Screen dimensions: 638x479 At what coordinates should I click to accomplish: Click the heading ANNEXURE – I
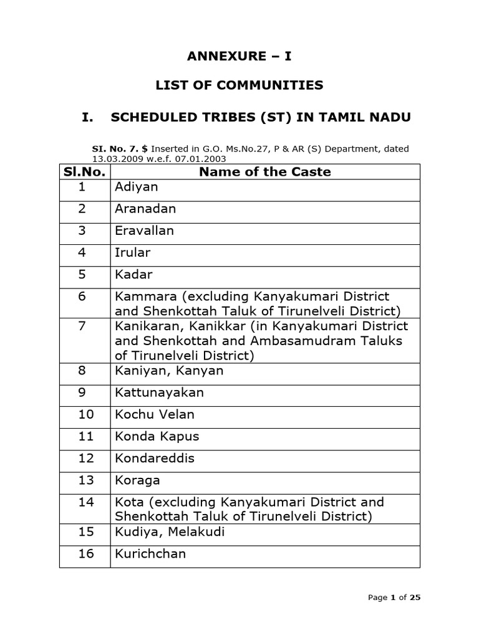tap(239, 56)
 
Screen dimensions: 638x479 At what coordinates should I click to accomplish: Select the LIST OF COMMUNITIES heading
tap(239, 85)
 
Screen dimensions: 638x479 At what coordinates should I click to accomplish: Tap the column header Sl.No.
tap(85, 172)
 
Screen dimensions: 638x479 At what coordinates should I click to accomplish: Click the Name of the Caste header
tap(265, 172)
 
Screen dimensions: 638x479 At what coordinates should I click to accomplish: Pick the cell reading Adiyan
tap(137, 187)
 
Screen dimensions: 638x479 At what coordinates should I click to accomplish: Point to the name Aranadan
tap(145, 209)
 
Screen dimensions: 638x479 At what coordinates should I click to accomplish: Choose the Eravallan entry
tap(145, 231)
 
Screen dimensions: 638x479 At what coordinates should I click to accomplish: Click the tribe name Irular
tap(133, 252)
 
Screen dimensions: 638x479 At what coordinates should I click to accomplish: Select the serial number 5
tap(82, 274)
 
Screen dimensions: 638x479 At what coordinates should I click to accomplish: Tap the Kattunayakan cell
tap(160, 393)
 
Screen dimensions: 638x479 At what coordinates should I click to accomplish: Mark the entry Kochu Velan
tap(155, 414)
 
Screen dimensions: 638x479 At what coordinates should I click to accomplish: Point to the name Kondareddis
tap(155, 458)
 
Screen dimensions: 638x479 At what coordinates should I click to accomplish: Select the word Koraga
tap(137, 480)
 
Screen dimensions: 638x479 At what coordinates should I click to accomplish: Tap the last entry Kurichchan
tap(150, 553)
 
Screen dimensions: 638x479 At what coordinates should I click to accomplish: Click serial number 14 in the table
tap(85, 502)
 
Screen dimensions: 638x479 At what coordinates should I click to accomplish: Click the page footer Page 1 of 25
tap(394, 598)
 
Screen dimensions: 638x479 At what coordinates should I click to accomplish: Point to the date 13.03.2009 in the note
tap(116, 158)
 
